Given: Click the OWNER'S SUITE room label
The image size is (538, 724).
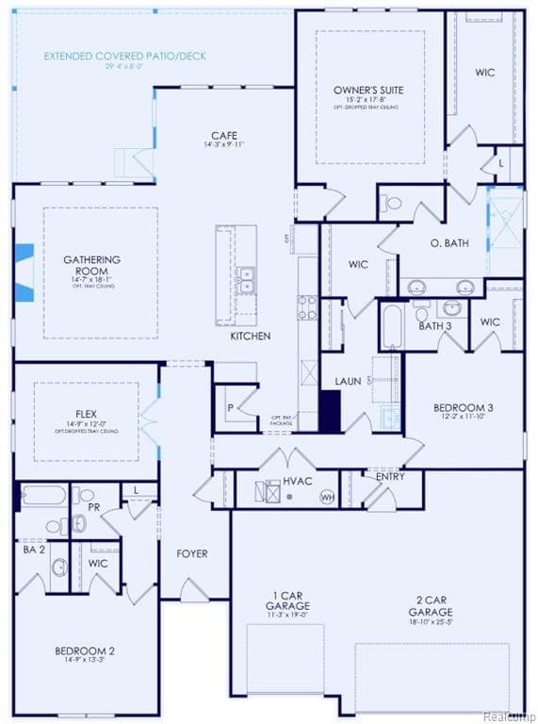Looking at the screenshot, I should tap(368, 90).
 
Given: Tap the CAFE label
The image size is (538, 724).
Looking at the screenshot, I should tap(223, 135).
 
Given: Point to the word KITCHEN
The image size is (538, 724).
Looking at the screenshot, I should tap(251, 336).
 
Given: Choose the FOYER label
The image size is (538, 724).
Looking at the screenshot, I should tap(192, 553).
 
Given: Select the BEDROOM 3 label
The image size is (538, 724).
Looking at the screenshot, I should tap(463, 408).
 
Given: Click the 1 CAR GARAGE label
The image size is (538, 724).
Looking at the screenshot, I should tap(287, 600).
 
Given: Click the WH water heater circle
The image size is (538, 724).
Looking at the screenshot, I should tap(328, 496).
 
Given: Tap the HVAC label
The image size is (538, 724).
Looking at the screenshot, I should tap(298, 481).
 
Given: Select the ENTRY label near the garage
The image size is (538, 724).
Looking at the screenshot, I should tap(389, 477).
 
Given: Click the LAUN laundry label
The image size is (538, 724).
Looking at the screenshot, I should tap(348, 381).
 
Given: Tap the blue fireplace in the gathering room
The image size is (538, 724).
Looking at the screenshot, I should tap(24, 272).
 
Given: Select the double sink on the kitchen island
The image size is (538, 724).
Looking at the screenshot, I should tap(247, 280).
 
